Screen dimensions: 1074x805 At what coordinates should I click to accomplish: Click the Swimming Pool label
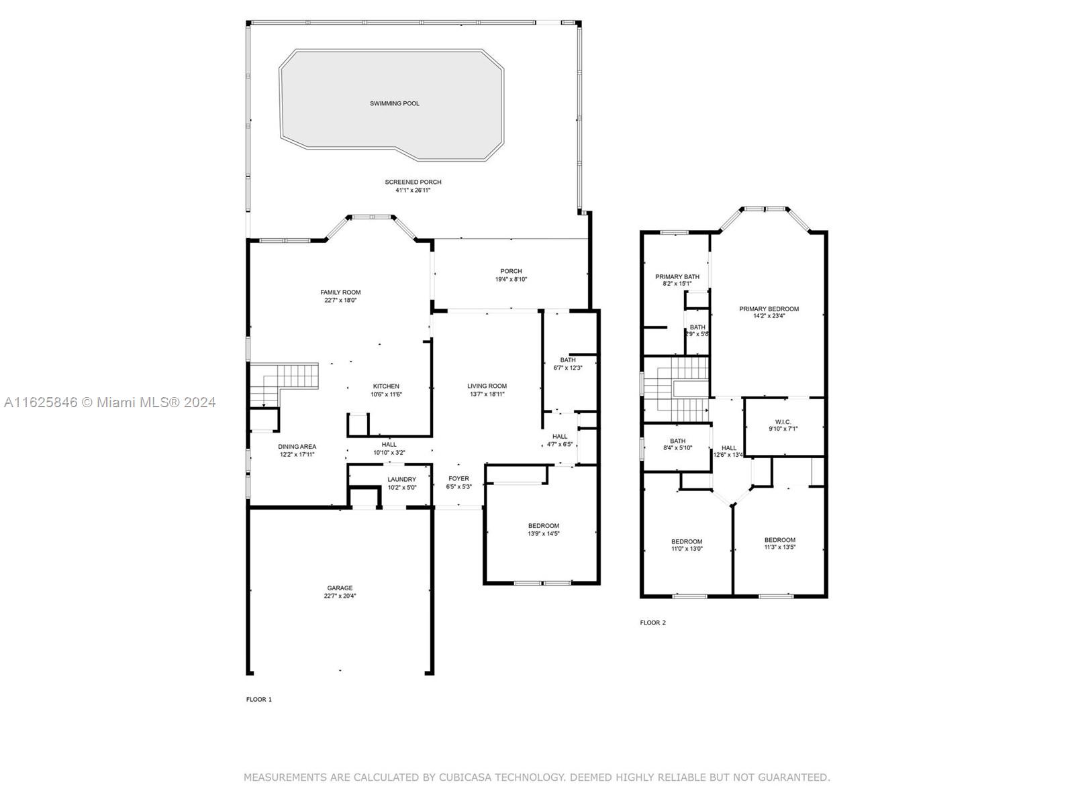[x=395, y=103]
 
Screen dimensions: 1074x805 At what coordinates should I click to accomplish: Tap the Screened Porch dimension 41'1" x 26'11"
[x=413, y=190]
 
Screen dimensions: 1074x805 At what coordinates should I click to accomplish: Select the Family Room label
[x=340, y=292]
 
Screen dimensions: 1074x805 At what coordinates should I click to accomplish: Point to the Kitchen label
[x=386, y=386]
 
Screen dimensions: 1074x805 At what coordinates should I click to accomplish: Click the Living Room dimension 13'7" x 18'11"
[x=487, y=394]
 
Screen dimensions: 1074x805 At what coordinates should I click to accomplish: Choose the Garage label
[x=340, y=588]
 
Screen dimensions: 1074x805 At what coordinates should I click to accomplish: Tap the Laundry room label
[x=401, y=480]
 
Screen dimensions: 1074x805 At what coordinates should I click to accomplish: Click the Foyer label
[x=459, y=478]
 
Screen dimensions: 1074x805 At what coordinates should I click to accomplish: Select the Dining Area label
[x=297, y=446]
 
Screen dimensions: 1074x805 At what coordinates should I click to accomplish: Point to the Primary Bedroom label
[x=769, y=309]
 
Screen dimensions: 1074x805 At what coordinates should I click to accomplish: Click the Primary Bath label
[x=677, y=276]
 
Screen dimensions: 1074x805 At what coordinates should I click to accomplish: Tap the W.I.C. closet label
[x=783, y=422]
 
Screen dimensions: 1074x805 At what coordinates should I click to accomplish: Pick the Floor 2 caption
[x=652, y=623]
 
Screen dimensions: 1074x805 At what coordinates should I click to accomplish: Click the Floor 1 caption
[x=259, y=700]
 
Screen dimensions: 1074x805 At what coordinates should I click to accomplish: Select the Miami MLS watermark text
[x=109, y=402]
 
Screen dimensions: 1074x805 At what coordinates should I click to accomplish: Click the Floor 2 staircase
[x=676, y=390]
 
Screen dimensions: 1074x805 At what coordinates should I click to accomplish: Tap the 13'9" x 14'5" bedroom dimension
[x=543, y=534]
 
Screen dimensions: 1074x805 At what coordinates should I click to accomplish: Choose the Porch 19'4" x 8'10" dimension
[x=511, y=280]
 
